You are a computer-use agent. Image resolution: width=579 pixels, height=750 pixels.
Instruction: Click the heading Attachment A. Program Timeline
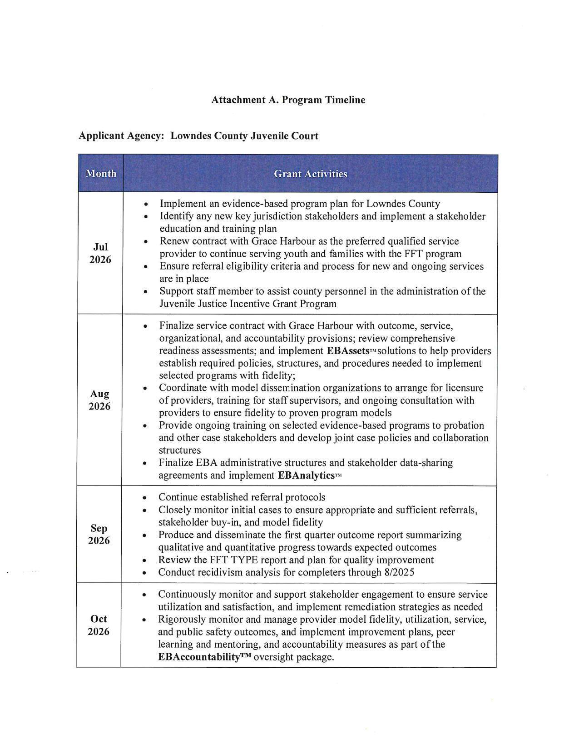pyautogui.click(x=288, y=100)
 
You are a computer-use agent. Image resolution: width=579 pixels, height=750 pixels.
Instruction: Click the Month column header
pyautogui.click(x=101, y=174)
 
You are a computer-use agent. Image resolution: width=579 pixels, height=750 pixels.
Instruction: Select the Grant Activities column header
pyautogui.click(x=310, y=174)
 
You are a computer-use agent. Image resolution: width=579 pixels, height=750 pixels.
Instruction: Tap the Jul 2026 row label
pyautogui.click(x=100, y=253)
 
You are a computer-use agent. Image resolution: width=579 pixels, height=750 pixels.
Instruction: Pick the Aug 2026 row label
pyautogui.click(x=99, y=400)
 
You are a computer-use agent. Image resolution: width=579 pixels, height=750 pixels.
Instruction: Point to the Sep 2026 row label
pyautogui.click(x=99, y=534)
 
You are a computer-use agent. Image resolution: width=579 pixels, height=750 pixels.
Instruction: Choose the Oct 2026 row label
pyautogui.click(x=99, y=625)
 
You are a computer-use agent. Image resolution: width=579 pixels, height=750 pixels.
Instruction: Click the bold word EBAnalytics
pyautogui.click(x=306, y=475)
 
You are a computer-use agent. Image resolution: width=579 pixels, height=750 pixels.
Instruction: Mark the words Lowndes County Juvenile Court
pyautogui.click(x=244, y=136)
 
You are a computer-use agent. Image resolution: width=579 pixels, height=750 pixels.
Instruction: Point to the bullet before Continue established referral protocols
pyautogui.click(x=144, y=498)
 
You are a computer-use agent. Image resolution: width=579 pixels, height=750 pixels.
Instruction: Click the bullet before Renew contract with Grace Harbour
pyautogui.click(x=145, y=242)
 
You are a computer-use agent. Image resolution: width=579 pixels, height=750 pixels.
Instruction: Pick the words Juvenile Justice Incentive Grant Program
pyautogui.click(x=248, y=304)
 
